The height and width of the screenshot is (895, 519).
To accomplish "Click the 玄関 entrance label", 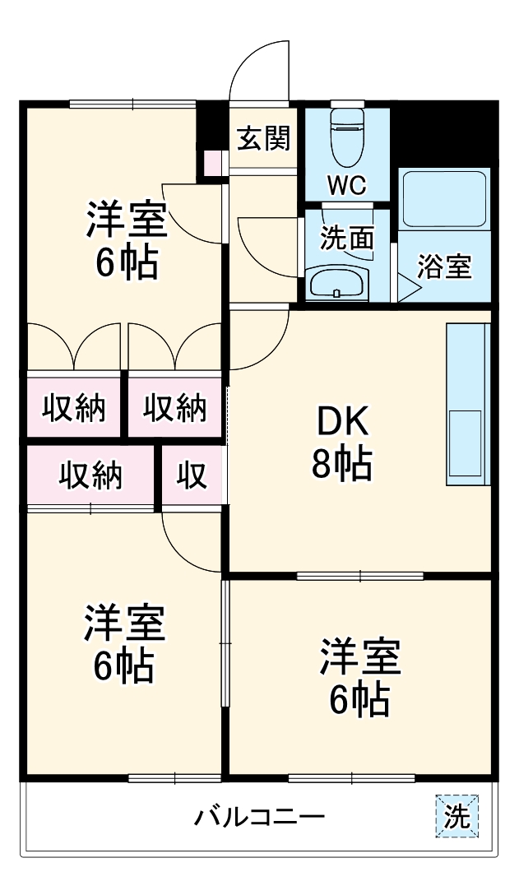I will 263,139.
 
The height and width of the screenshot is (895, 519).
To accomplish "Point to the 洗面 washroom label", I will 346,239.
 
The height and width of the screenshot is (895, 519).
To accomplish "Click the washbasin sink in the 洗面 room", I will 337,284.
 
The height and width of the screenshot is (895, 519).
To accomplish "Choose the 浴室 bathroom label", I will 444,266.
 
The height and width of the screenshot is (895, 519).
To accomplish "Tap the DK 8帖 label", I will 340,443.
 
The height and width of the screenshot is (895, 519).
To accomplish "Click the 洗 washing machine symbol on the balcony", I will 456,817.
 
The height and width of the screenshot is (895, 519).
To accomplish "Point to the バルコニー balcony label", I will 260,818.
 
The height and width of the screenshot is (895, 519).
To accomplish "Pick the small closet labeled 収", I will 192,475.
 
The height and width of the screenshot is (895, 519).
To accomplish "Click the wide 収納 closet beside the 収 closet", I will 90,475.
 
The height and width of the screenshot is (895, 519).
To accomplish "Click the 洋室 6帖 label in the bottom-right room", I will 359,676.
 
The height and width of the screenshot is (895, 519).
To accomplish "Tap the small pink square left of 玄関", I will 213,164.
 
